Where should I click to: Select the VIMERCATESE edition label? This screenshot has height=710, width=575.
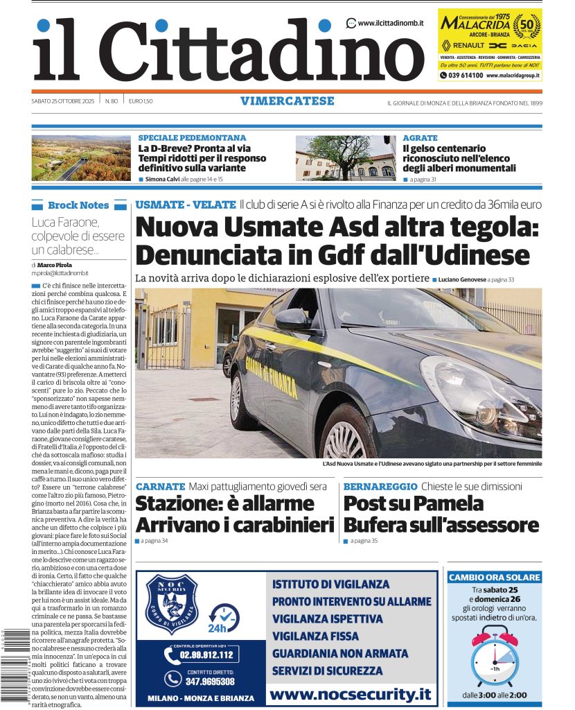(287, 101)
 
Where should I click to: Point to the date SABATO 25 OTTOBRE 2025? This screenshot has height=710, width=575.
(64, 101)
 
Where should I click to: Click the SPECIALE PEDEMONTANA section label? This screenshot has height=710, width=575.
(192, 138)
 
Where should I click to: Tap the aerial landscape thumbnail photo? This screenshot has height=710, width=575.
(81, 158)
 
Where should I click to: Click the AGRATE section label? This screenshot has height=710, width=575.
(420, 138)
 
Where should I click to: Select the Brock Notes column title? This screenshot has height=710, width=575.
(78, 205)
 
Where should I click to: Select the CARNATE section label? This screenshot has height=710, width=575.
(161, 487)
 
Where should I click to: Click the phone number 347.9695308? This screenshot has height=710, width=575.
(209, 680)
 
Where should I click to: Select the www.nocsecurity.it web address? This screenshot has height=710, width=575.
(350, 693)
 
